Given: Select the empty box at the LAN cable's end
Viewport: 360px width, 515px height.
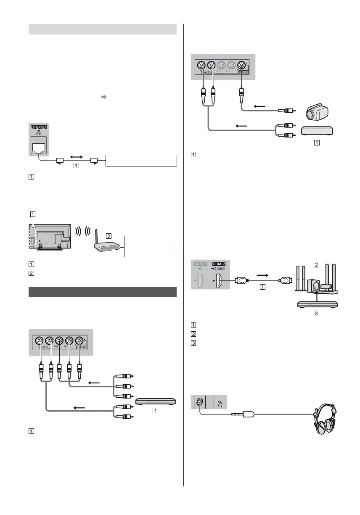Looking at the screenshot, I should pyautogui.click(x=141, y=161).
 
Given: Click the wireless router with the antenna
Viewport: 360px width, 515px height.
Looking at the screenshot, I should pyautogui.click(x=105, y=247).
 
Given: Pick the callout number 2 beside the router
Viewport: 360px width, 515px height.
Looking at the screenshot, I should pyautogui.click(x=109, y=236).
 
